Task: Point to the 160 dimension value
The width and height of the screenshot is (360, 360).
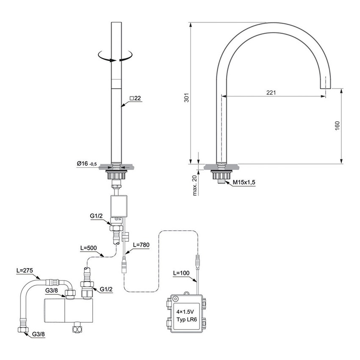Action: click(337, 126)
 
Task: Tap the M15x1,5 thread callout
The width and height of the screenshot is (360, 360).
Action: click(244, 183)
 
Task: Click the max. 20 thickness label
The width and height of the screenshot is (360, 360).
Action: click(195, 185)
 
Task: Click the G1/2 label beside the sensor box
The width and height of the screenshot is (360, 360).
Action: click(97, 216)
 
